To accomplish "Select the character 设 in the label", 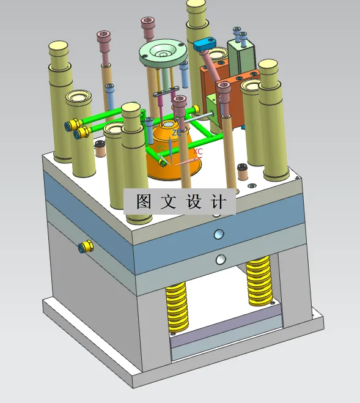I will (x=194, y=202).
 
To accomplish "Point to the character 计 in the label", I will (x=219, y=202).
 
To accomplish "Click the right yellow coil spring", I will (x=259, y=282).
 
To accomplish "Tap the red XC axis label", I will (x=198, y=150).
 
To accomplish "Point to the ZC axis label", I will (x=176, y=133).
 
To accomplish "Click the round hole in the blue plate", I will (x=218, y=234).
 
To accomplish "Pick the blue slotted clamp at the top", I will (x=206, y=44).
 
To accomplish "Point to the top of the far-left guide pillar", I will (x=59, y=46).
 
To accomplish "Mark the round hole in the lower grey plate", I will (x=219, y=259).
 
